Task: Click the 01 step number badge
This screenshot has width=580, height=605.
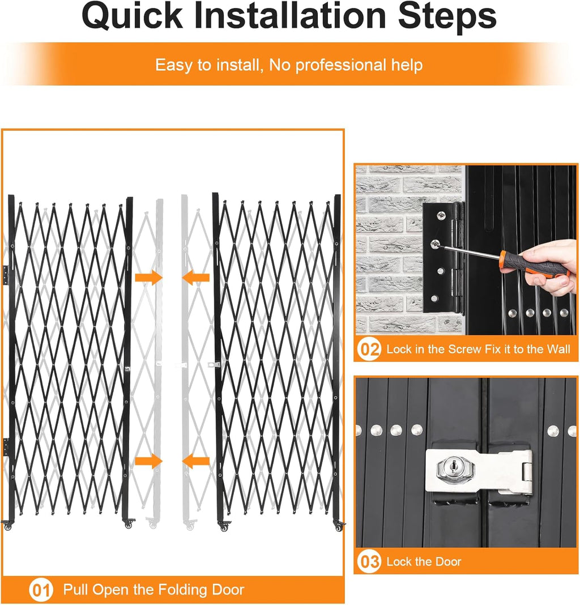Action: [x=41, y=590]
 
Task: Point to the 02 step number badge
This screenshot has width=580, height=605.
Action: [x=369, y=350]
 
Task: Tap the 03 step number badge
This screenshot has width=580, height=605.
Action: [x=369, y=562]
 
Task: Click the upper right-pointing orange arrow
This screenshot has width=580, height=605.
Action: [x=148, y=277]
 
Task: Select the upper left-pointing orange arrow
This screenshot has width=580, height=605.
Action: [x=196, y=277]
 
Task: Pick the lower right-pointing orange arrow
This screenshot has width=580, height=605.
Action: [x=148, y=461]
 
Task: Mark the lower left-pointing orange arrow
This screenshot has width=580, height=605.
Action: [x=196, y=461]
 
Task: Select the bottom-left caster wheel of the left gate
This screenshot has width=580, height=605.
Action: [x=7, y=526]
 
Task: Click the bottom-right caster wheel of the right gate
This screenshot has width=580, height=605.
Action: [x=339, y=527]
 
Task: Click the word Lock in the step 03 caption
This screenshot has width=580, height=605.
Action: [x=398, y=562]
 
